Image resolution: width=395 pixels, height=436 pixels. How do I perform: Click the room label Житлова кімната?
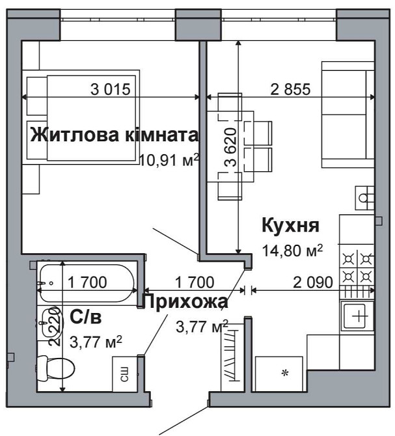click(x=114, y=135)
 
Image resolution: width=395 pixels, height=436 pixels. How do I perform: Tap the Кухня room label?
click(x=290, y=226)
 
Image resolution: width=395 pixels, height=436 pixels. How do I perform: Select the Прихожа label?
click(x=185, y=302)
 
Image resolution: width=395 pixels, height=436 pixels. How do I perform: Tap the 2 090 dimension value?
click(x=313, y=282)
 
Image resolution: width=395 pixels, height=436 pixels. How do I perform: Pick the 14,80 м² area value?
click(x=292, y=251)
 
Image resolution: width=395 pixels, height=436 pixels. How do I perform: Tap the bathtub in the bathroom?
click(x=87, y=282)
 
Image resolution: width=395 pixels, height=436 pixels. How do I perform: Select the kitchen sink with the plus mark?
click(x=357, y=318)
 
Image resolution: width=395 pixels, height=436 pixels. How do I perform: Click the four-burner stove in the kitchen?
click(x=357, y=266)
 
